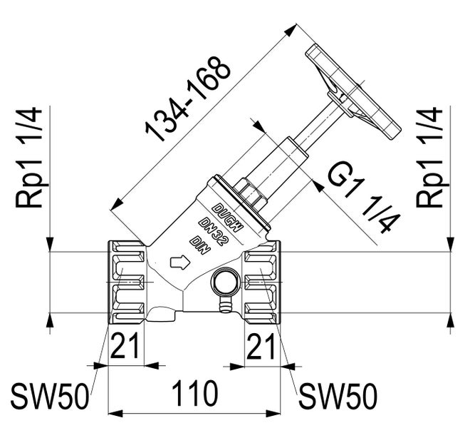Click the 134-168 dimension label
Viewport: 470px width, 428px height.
(188, 98)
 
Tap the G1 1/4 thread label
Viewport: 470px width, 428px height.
(364, 199)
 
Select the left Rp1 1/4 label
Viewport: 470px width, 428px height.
(28, 158)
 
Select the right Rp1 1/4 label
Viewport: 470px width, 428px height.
(429, 158)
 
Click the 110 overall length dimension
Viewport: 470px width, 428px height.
(195, 394)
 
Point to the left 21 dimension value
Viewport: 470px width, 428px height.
(125, 345)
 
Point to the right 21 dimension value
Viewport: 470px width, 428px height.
(260, 345)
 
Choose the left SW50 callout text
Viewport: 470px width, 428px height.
(50, 395)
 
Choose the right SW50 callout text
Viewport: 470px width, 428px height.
(338, 395)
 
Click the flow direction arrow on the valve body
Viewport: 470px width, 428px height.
(180, 262)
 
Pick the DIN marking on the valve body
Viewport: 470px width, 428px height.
(201, 245)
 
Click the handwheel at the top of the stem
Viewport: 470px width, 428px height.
(353, 91)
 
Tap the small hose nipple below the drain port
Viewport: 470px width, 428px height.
(224, 305)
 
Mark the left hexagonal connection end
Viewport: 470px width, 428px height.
(126, 282)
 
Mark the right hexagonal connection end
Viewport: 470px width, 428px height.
(263, 282)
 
